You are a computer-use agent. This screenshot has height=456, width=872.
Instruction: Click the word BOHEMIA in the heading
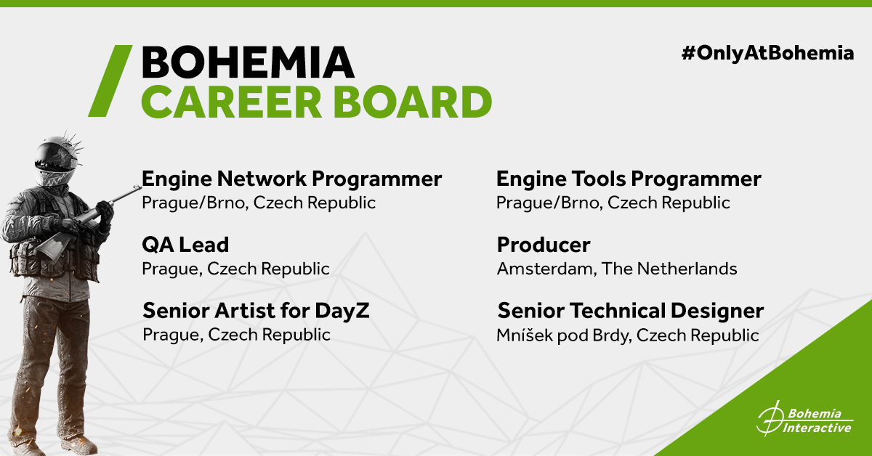pos(248,62)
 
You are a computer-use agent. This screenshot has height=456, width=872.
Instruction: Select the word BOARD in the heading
pos(413,102)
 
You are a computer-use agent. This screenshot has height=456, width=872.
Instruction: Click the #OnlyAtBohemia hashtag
pos(767,53)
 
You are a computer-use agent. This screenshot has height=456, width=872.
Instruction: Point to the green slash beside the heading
pos(110,81)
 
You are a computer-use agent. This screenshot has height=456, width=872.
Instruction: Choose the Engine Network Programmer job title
pos(291,179)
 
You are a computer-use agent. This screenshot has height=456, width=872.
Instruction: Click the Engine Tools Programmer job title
pos(629,179)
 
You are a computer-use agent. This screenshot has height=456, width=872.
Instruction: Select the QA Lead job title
pos(185,245)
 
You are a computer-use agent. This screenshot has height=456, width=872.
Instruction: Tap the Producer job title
pos(544,245)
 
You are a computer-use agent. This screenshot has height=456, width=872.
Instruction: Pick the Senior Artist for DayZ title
pos(256,311)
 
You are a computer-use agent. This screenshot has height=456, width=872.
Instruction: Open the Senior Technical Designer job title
pos(631,311)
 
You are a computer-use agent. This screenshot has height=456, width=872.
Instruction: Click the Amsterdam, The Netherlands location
pos(617,269)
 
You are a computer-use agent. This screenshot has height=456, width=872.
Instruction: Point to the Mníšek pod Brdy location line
pos(628,335)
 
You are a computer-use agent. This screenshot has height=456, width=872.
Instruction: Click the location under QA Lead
pos(235,269)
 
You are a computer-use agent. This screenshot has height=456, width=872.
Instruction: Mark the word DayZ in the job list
pos(342,311)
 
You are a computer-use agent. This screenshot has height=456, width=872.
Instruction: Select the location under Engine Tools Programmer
pos(613,203)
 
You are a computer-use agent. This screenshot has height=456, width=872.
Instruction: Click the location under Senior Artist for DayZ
pos(236,335)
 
